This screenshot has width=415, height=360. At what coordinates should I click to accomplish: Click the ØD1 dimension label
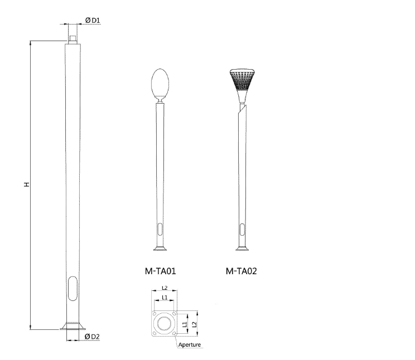[93, 21]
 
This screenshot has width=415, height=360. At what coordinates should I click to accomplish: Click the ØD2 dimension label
[92, 337]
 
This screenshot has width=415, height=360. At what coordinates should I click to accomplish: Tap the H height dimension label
[26, 184]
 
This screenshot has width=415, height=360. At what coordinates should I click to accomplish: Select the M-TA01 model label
[161, 271]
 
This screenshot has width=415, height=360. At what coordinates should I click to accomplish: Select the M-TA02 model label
[242, 271]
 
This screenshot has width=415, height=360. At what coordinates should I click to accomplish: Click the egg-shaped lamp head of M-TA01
[161, 82]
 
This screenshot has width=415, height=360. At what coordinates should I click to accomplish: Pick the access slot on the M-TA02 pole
[242, 229]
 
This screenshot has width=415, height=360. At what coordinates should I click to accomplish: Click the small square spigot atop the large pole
[73, 38]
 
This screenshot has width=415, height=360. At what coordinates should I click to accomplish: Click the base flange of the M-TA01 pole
[161, 249]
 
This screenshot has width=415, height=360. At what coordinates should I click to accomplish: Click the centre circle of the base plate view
[165, 324]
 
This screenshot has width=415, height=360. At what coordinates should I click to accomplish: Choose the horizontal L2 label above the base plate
[165, 288]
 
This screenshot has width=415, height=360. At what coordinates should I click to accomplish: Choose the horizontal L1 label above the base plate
[165, 298]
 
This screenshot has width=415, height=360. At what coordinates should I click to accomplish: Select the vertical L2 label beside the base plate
[193, 324]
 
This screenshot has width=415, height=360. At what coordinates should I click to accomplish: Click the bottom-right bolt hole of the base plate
[175, 334]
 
